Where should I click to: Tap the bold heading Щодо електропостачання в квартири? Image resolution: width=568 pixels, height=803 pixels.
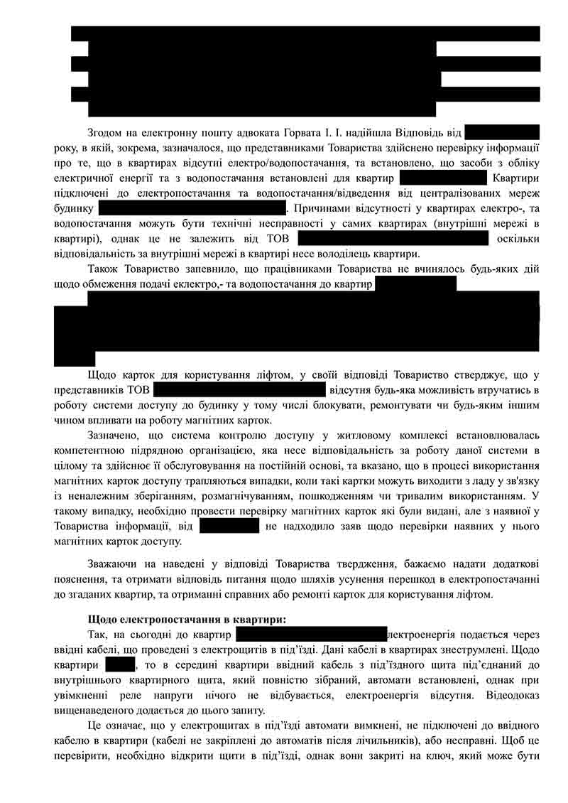pos(187,619)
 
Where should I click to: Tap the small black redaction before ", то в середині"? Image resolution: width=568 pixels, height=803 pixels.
pos(120,665)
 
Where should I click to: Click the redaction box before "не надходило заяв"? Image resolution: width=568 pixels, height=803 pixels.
pos(229,527)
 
